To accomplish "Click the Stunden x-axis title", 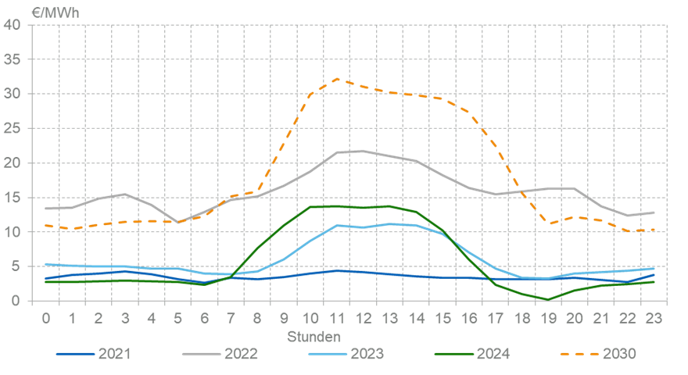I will click(313, 337).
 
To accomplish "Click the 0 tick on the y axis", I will click(17, 301).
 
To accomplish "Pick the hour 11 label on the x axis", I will click(337, 319).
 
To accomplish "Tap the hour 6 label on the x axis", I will click(205, 319).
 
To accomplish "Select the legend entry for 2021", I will click(93, 354).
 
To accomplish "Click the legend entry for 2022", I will click(220, 354).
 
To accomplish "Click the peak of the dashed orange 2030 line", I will click(337, 79).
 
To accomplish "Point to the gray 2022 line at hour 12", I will click(364, 151).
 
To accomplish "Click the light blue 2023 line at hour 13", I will click(389, 224).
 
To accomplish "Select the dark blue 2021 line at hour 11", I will click(337, 270).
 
